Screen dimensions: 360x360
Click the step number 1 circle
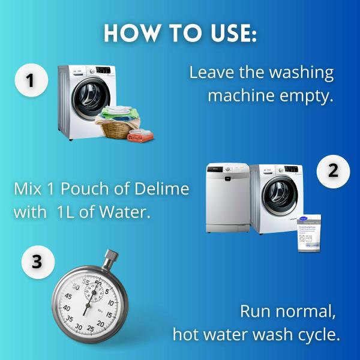click(x=32, y=80)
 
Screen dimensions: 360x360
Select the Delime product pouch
click(x=309, y=232)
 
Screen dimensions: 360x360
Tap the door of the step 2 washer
click(x=277, y=196)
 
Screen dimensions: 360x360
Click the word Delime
click(x=161, y=190)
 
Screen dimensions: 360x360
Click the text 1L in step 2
click(x=80, y=211)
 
